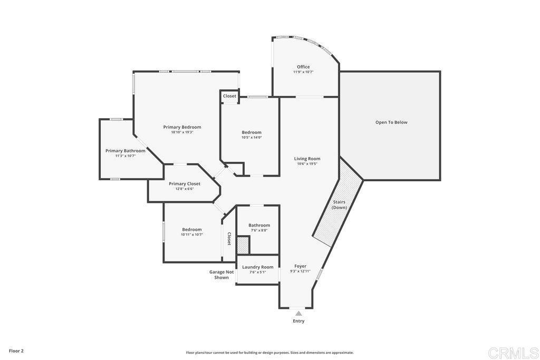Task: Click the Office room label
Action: pyautogui.click(x=303, y=67)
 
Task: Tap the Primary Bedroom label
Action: pyautogui.click(x=182, y=127)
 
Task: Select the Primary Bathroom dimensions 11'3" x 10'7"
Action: pyautogui.click(x=125, y=156)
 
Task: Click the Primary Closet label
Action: pyautogui.click(x=185, y=184)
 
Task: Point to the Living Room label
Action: pyautogui.click(x=307, y=159)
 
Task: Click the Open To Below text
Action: pyautogui.click(x=391, y=122)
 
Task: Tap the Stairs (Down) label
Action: pyautogui.click(x=339, y=205)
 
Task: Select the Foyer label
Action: pyautogui.click(x=300, y=266)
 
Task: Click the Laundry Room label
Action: pyautogui.click(x=258, y=267)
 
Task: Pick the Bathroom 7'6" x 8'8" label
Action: pyautogui.click(x=259, y=227)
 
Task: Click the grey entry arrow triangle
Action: pyautogui.click(x=298, y=314)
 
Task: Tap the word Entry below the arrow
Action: pyautogui.click(x=298, y=321)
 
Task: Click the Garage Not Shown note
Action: pyautogui.click(x=221, y=275)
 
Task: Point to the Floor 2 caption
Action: pyautogui.click(x=16, y=351)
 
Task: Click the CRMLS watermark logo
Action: pyautogui.click(x=513, y=352)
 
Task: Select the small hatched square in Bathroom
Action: pyautogui.click(x=242, y=245)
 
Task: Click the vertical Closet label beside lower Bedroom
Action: pyautogui.click(x=229, y=239)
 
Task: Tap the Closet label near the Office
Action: pyautogui.click(x=229, y=96)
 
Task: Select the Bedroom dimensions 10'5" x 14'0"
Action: pyautogui.click(x=252, y=138)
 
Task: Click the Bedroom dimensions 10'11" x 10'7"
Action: pyautogui.click(x=192, y=235)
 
